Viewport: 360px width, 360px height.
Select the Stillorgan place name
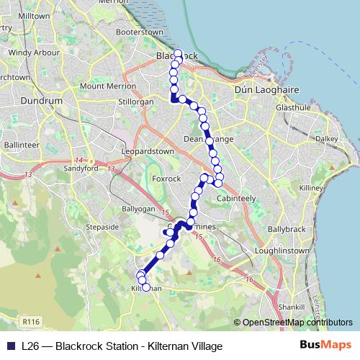pos(136,102)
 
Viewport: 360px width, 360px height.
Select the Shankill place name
pos(294,305)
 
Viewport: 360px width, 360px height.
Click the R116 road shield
pos(30,321)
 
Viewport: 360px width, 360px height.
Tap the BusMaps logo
pos(325,346)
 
